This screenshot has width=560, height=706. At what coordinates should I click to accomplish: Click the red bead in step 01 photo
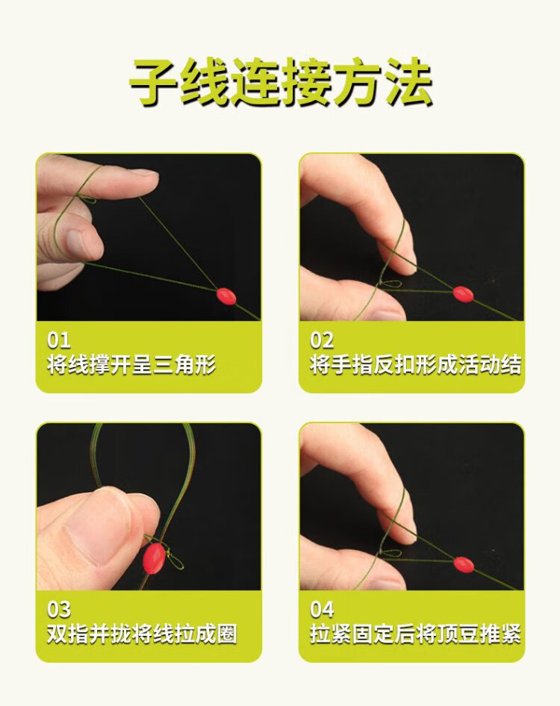pos(226,296)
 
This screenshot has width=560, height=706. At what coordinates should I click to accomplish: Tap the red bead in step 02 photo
pos(463,294)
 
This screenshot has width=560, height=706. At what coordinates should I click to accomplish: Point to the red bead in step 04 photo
pos(464,564)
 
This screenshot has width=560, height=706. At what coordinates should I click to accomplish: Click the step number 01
pos(58,340)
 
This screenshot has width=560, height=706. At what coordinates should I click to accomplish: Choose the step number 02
pos(322,340)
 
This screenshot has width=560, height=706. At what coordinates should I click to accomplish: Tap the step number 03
pos(58,610)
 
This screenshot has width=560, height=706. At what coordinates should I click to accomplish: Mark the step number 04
pos(322,610)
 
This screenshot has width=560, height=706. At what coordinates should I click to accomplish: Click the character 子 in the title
pos(154,82)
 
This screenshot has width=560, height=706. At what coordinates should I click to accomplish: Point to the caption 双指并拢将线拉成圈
pos(142,634)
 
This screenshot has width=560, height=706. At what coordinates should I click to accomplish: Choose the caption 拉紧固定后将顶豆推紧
pos(415,634)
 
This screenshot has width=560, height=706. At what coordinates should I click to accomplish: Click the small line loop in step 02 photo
pos(391,284)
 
